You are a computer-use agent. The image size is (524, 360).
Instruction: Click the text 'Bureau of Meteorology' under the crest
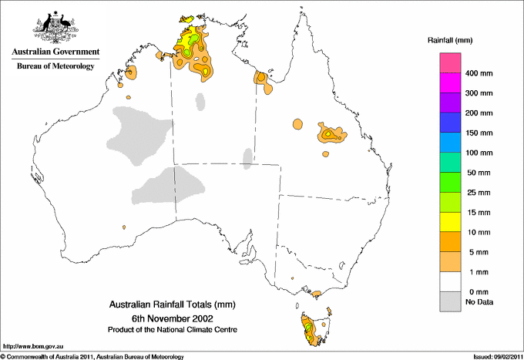[x=55, y=67]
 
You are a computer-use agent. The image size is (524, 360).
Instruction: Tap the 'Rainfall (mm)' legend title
[x=450, y=39]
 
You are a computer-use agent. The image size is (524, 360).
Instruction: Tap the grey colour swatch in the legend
[x=449, y=302]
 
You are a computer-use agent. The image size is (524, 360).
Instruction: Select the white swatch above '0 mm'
[x=449, y=282]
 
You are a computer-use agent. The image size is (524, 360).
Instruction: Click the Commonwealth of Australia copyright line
[x=92, y=356]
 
